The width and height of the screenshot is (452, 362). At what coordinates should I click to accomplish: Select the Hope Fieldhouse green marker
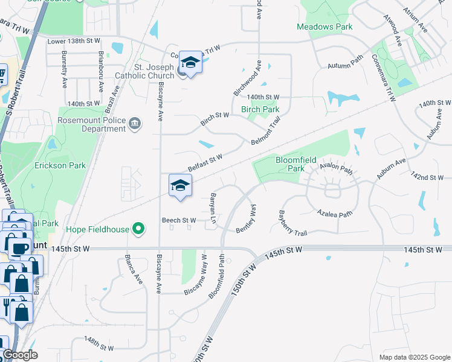coord(139,229)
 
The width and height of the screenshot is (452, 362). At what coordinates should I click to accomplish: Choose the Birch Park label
coord(260,110)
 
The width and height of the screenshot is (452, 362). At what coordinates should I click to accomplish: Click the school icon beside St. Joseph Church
coord(191,63)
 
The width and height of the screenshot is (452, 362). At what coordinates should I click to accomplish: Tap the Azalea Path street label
coord(334,214)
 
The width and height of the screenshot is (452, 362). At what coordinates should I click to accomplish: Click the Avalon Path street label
coord(336,167)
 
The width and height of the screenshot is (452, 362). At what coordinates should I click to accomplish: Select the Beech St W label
coord(178,220)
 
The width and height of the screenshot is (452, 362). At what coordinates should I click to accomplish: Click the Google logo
coord(20,355)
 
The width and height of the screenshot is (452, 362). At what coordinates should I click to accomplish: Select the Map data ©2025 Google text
coord(414,357)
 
